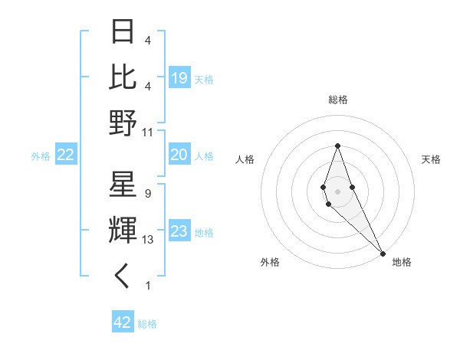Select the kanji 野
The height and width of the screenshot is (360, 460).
(124, 122)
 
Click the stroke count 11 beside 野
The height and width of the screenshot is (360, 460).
(148, 132)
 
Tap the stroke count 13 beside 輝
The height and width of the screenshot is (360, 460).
(148, 240)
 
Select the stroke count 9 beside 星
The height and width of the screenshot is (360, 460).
(147, 194)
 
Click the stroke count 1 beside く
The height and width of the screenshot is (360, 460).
(147, 286)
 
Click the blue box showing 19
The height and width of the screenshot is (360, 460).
(179, 77)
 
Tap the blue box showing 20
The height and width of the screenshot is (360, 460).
(179, 155)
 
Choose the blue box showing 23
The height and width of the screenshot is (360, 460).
(179, 232)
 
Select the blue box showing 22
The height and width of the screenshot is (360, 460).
(65, 155)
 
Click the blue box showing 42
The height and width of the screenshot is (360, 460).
(123, 322)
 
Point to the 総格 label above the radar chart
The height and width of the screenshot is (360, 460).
(338, 100)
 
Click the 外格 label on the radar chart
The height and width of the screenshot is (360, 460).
(270, 262)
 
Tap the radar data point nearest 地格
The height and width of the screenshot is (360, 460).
(383, 253)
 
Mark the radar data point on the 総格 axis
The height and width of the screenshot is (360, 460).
(337, 146)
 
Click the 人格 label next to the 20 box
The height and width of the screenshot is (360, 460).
(204, 156)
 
